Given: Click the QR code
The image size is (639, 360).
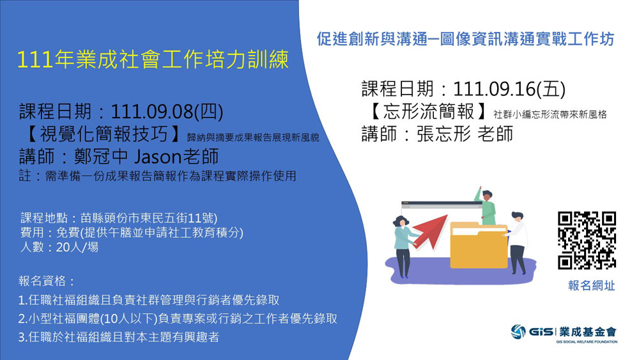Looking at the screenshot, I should (x=587, y=240).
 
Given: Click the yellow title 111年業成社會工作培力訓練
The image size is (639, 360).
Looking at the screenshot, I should (x=153, y=59).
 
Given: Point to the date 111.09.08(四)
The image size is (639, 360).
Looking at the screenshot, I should (x=167, y=113).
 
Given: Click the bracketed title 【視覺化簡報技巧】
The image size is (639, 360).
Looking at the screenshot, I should (x=99, y=135).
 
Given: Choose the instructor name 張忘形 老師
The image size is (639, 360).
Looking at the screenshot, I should (x=465, y=134).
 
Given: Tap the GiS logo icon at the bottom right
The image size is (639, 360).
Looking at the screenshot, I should (x=518, y=331).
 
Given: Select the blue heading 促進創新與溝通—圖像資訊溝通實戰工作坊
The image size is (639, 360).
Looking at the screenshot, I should (x=465, y=39).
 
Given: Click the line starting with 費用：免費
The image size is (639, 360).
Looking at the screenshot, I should (x=132, y=233).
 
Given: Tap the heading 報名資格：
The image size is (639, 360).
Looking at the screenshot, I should (x=47, y=281).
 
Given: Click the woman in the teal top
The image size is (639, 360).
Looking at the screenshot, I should (x=403, y=243).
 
